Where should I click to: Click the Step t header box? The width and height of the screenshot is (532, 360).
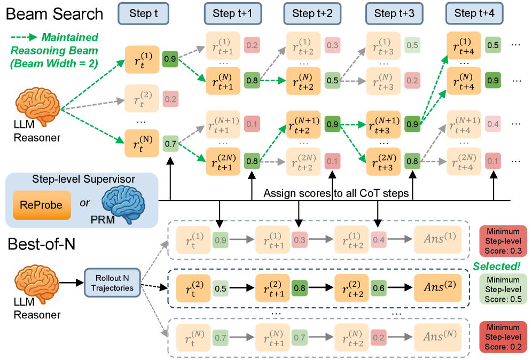click(x=143, y=14)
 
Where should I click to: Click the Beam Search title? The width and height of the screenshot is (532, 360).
click(x=54, y=14)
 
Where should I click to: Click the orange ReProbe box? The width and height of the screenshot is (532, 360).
click(x=42, y=205)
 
